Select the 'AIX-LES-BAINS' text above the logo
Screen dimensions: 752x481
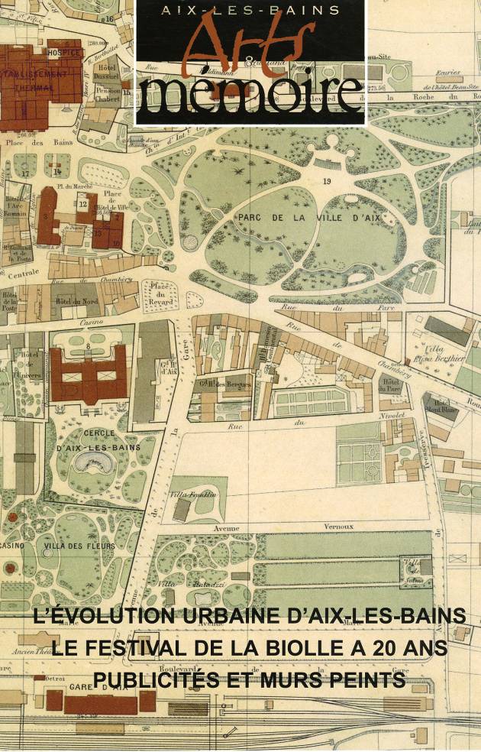coord(250,10)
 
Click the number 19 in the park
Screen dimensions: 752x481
coord(327,181)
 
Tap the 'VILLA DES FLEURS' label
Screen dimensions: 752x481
coord(79,546)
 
